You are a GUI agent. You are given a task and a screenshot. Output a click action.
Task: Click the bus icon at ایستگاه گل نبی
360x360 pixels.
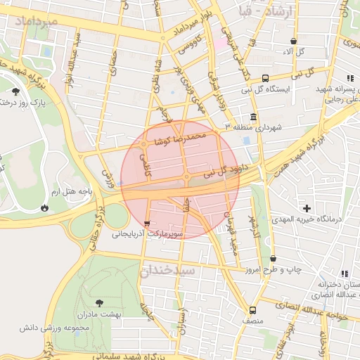(265, 78)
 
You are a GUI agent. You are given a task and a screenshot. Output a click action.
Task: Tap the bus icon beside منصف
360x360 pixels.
(252, 309)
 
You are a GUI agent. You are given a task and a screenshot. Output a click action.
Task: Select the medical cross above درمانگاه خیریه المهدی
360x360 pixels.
(307, 208)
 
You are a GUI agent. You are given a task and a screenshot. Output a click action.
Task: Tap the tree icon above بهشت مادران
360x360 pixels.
(98, 302)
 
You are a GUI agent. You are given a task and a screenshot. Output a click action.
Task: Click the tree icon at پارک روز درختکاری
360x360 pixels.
(15, 91)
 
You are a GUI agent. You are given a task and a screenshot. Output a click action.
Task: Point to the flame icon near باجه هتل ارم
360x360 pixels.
(46, 207)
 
